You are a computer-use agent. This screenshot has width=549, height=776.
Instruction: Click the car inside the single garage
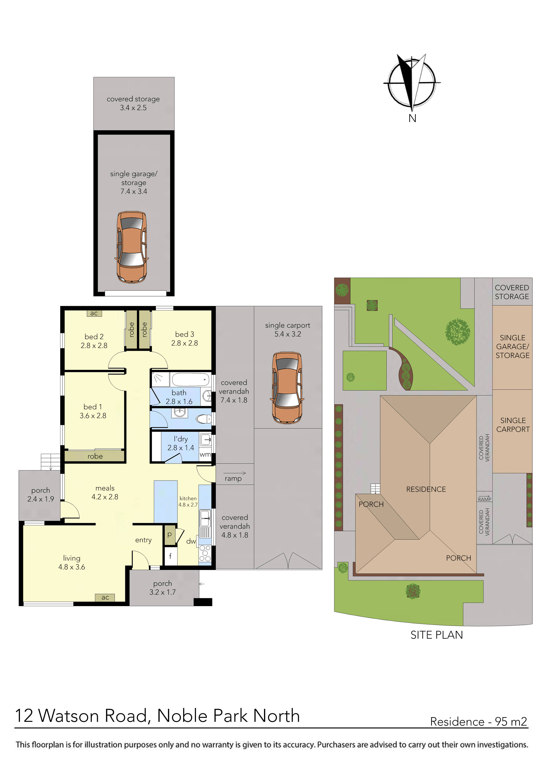click(x=132, y=247)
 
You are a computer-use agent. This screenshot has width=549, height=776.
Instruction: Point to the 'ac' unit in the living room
click(x=105, y=597)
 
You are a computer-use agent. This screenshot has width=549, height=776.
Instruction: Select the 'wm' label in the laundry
click(x=205, y=455)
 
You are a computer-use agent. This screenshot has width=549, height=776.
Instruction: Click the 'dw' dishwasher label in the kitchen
click(x=191, y=541)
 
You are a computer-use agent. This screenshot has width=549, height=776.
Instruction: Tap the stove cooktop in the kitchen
click(x=205, y=553)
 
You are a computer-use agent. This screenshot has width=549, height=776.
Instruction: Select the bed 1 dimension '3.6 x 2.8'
click(x=93, y=416)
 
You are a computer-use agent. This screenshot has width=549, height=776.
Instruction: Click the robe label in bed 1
click(x=95, y=456)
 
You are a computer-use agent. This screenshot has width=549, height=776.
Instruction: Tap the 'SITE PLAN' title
click(x=436, y=635)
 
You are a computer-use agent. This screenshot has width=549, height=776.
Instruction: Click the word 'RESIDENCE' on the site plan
click(x=426, y=489)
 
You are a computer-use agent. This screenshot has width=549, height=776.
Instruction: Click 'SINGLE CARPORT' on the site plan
click(x=513, y=425)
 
